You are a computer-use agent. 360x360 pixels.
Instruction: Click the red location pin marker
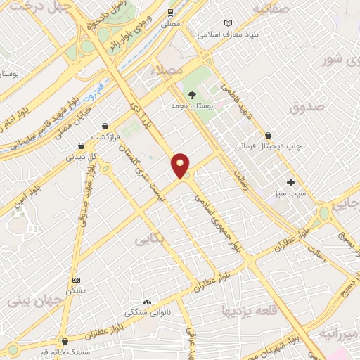point(181,165)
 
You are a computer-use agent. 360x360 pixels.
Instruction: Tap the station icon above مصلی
point(170,13)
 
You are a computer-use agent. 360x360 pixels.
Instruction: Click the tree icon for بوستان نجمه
point(192,94)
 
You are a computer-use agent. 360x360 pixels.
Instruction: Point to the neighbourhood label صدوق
point(307,106)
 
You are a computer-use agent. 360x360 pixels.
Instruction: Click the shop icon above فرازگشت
point(105,126)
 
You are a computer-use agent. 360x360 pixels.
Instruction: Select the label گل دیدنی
point(81,157)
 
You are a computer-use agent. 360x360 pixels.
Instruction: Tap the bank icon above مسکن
point(76,280)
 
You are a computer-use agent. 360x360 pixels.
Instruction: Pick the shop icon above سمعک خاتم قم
point(64,342)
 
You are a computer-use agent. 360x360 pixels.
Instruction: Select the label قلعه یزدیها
point(250,310)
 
